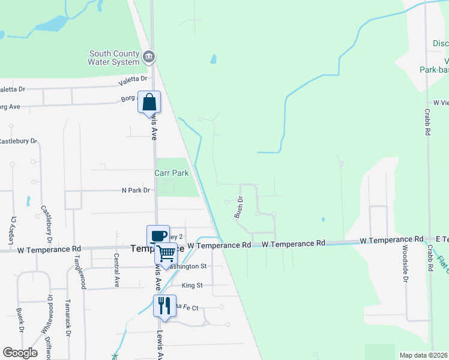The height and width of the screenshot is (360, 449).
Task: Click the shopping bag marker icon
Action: point(149,101)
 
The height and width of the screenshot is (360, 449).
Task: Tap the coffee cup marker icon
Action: point(158,235)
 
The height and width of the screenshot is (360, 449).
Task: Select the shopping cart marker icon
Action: point(165,252)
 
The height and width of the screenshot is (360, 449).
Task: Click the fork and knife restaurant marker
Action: point(163,305)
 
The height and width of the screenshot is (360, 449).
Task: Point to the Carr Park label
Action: point(172,173)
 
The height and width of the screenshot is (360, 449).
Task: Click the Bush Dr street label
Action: point(239,207)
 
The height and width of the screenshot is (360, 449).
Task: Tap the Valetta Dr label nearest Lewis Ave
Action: point(133,79)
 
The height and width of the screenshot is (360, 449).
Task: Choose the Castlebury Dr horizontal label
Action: point(18,142)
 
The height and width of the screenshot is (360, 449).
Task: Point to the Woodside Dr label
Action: point(405,263)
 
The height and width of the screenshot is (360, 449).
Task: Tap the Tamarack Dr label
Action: point(68,317)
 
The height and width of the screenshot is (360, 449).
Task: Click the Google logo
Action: point(20,353)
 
